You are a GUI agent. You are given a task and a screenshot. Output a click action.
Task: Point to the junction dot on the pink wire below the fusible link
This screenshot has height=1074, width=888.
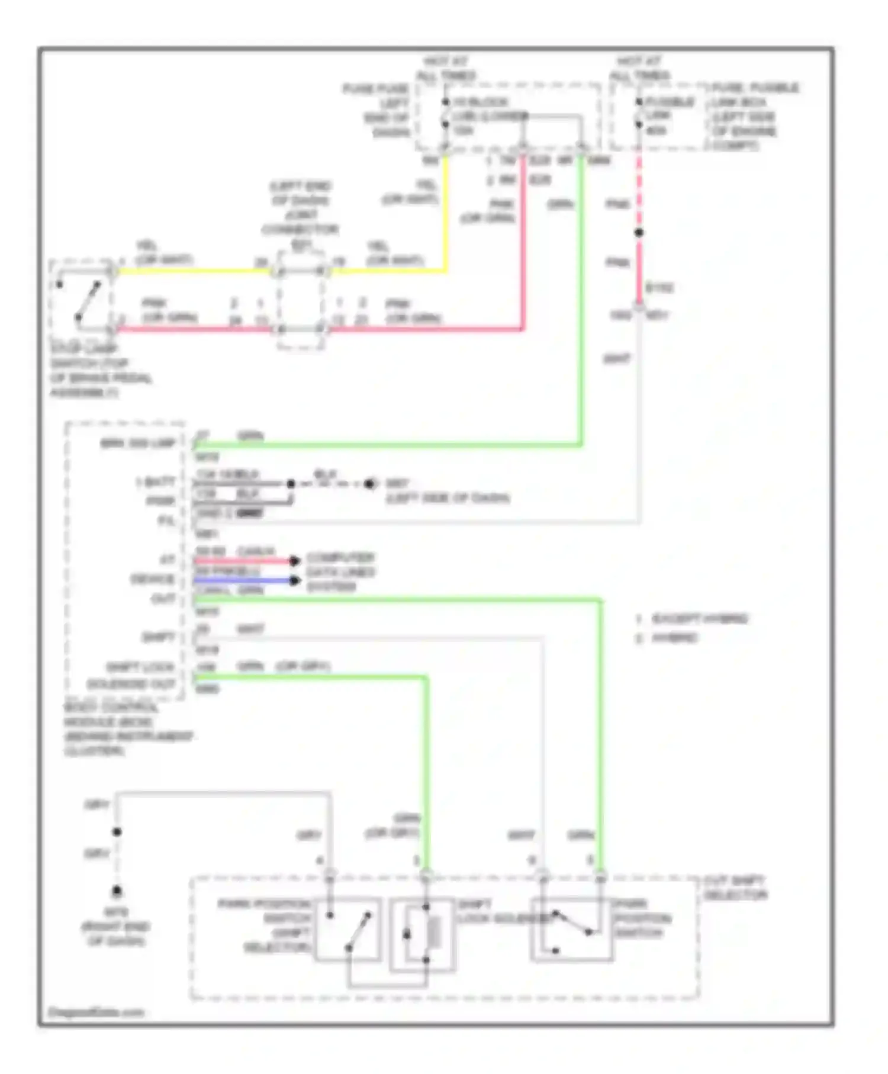(639, 233)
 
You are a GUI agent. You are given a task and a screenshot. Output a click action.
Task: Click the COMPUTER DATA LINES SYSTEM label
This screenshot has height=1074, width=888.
(340, 572)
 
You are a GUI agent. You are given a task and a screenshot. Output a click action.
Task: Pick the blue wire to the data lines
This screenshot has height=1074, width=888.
(243, 581)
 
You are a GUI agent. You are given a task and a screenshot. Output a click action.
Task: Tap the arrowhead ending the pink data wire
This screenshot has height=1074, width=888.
(294, 561)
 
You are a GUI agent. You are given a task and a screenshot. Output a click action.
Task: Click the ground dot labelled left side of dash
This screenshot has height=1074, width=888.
(370, 484)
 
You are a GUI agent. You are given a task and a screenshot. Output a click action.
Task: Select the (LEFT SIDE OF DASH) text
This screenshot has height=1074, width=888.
(448, 498)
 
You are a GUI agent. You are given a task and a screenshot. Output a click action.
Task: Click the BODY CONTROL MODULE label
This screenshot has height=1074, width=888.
(127, 729)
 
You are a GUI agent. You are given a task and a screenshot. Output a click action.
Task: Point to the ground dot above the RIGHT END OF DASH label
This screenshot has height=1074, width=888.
(117, 890)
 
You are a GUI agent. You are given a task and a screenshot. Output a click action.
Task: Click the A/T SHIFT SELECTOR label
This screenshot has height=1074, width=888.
(735, 888)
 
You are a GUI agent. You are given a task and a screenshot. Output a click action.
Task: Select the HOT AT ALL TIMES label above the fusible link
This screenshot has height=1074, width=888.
(639, 69)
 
